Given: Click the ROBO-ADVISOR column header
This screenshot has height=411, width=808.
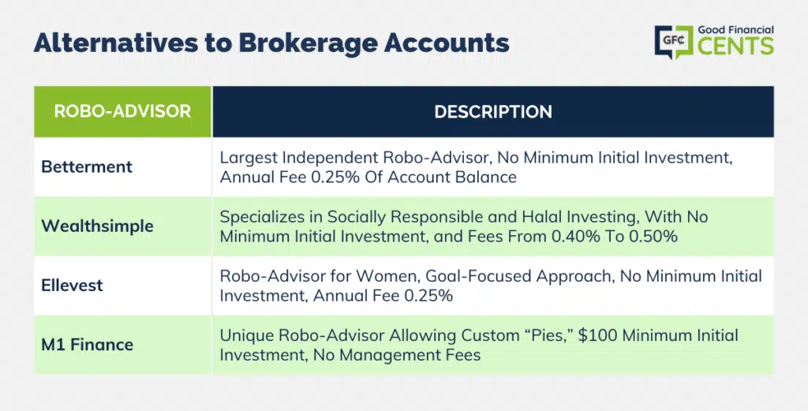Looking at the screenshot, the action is (x=122, y=111).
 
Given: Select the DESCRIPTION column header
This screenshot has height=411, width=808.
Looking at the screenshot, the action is (x=493, y=112).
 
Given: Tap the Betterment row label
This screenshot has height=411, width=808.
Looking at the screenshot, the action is (x=87, y=167).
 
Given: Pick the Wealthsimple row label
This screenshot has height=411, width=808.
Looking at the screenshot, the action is (x=97, y=226).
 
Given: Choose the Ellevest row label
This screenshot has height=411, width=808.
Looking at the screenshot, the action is (x=72, y=286).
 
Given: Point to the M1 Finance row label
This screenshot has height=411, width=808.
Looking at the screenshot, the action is (x=87, y=345).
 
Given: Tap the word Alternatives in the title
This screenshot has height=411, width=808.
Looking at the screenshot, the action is (x=115, y=43).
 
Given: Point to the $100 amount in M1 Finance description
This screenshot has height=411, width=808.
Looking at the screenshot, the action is (x=598, y=336).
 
